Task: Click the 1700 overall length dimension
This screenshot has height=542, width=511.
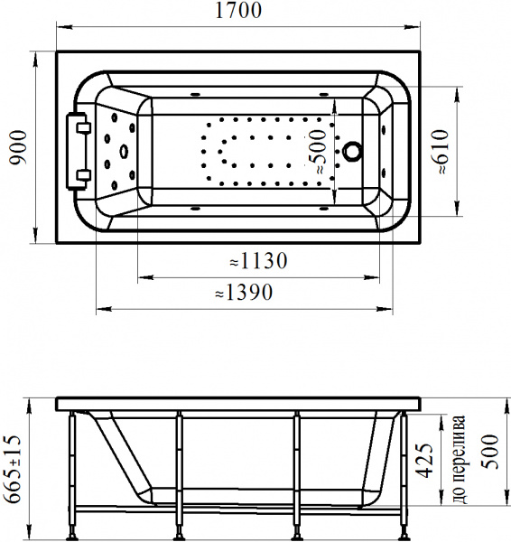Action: pyautogui.click(x=238, y=10)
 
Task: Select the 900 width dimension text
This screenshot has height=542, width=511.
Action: pyautogui.click(x=18, y=147)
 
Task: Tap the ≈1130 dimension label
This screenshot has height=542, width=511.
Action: pyautogui.click(x=258, y=261)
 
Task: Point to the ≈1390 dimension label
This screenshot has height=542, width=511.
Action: pyautogui.click(x=244, y=293)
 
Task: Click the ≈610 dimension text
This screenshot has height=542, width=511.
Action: pyautogui.click(x=440, y=152)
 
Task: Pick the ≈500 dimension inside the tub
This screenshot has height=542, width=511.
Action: pyautogui.click(x=318, y=152)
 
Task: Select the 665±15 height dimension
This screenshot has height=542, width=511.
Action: pyautogui.click(x=13, y=469)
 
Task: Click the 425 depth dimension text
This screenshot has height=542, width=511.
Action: pyautogui.click(x=424, y=461)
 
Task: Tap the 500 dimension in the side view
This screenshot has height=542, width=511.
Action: pyautogui.click(x=490, y=452)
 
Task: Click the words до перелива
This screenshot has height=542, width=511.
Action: pyautogui.click(x=460, y=459)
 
